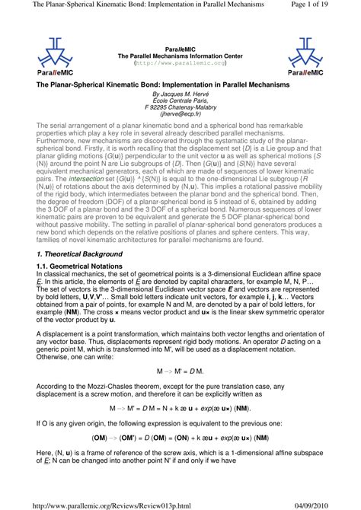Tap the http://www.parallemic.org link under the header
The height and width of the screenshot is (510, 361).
[x=180, y=65]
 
